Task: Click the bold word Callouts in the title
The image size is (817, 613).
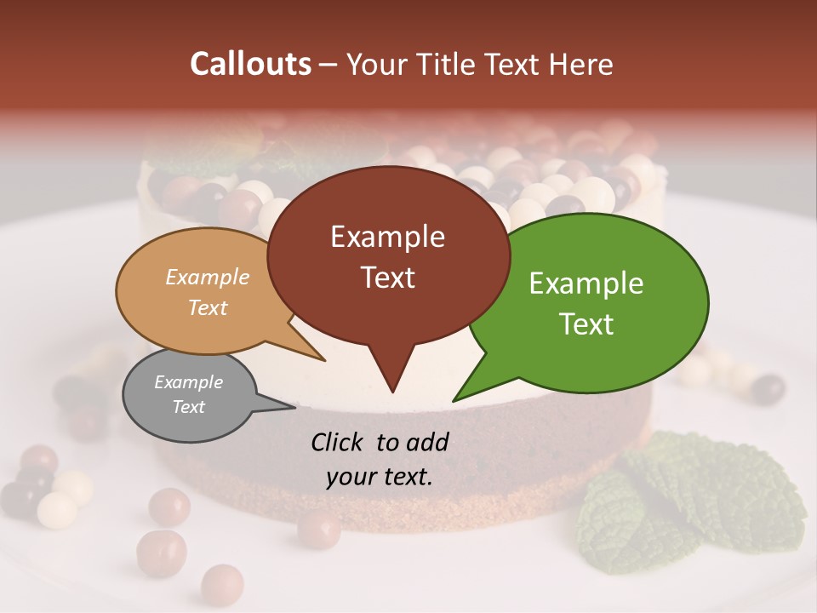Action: [251, 64]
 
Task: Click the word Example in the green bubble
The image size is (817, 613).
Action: [586, 284]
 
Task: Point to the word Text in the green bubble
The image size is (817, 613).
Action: [586, 324]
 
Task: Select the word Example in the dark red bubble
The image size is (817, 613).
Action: [387, 237]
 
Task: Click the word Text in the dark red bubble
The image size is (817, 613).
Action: [387, 278]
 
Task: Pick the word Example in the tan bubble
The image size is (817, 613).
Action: [208, 277]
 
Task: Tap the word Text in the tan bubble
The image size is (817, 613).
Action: [208, 307]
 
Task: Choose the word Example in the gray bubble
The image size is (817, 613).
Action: [189, 382]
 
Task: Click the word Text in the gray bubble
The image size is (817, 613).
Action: [189, 406]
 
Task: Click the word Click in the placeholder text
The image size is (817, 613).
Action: [339, 442]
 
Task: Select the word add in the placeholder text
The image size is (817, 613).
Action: [427, 442]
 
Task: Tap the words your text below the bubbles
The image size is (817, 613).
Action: [380, 477]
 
